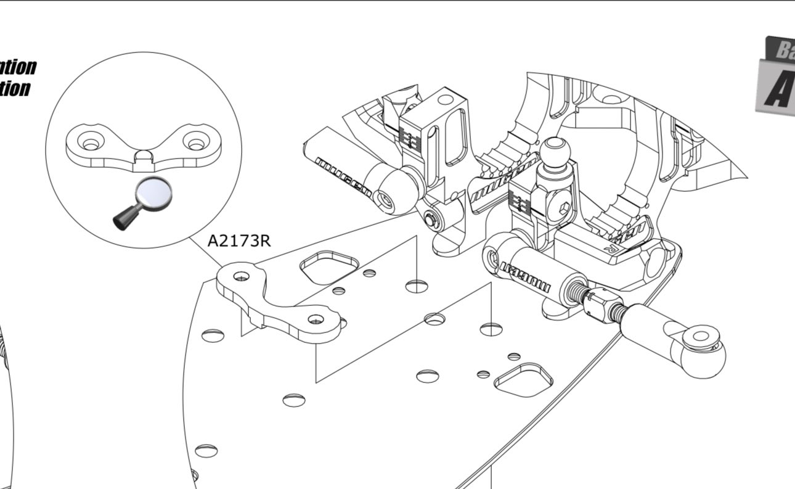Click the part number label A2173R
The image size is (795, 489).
[x=238, y=240]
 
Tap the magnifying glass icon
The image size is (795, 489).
[x=143, y=203]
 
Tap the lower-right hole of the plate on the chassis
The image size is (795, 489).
[x=316, y=319]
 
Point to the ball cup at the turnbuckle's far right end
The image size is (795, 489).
[x=700, y=347]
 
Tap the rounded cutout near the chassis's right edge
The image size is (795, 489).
[x=519, y=378]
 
